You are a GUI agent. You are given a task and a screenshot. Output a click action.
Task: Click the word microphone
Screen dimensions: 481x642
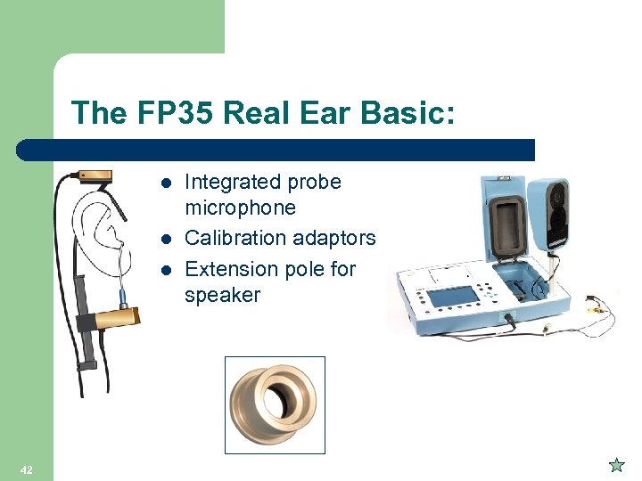(x=240, y=208)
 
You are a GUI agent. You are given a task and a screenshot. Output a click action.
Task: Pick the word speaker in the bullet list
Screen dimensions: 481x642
(x=222, y=295)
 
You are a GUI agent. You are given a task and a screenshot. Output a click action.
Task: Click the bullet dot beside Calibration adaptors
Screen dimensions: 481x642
(x=165, y=240)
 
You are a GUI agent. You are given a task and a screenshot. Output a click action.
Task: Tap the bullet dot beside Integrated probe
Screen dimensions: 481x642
(x=165, y=183)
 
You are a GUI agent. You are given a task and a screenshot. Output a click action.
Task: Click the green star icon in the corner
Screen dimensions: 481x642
(x=615, y=464)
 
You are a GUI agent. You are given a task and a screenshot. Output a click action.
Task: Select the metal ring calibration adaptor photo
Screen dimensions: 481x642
(x=274, y=405)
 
